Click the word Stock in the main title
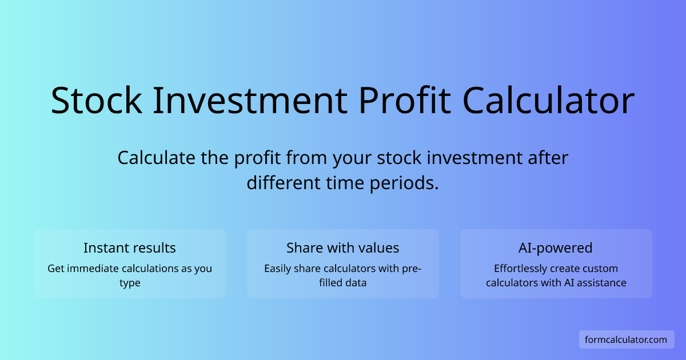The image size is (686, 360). point(96,101)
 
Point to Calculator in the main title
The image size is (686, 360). point(549,101)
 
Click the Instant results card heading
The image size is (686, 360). point(130,248)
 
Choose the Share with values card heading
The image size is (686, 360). point(343,248)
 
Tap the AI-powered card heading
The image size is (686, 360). point(556,248)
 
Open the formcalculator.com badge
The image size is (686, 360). point(626,339)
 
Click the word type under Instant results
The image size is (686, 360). point(130,283)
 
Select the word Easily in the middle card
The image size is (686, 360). point(278,269)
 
